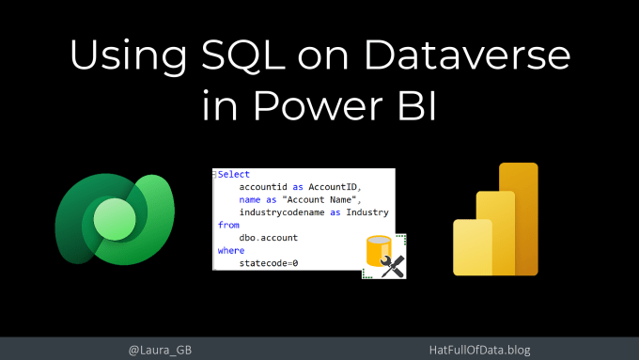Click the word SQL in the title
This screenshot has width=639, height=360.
[242, 55]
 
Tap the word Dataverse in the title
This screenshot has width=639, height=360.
[467, 55]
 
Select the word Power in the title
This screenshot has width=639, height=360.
[319, 105]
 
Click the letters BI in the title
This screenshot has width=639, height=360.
[417, 105]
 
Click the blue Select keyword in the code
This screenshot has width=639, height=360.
[233, 174]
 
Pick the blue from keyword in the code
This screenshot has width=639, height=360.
[228, 225]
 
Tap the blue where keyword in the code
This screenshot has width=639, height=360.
[231, 250]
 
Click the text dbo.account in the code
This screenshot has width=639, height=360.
[268, 238]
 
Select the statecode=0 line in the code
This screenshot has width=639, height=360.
[269, 263]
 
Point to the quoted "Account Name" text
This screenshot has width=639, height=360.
[321, 200]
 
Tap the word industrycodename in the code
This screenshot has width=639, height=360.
[282, 212]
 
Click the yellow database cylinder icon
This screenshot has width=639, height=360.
[379, 251]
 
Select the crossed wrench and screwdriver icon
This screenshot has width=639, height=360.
[393, 267]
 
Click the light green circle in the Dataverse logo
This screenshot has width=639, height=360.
[115, 219]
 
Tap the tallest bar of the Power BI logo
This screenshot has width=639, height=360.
[519, 219]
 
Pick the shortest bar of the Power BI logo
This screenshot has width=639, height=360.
[473, 247]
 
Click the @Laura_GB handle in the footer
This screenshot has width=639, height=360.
[160, 350]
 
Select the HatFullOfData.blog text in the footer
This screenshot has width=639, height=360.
[479, 350]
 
